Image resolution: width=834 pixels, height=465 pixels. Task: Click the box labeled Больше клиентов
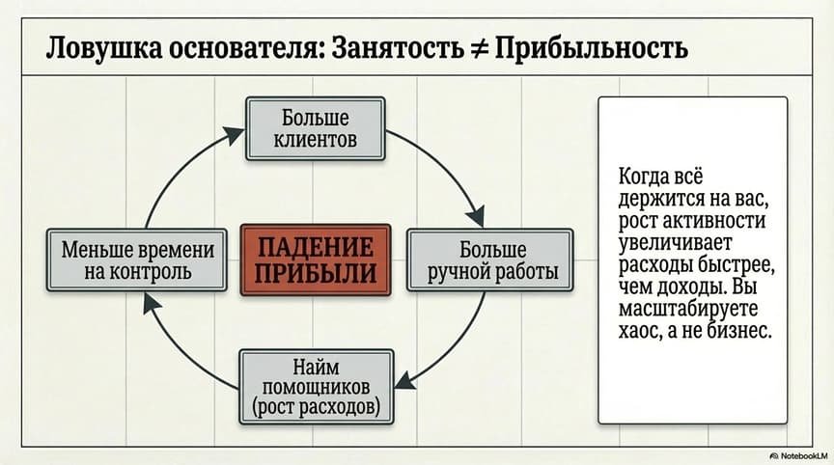click(x=316, y=129)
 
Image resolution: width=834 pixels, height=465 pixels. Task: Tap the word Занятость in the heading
click(x=391, y=48)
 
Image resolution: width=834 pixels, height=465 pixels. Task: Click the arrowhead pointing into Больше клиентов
click(x=236, y=130)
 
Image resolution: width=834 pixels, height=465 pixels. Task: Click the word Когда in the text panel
click(x=643, y=177)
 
